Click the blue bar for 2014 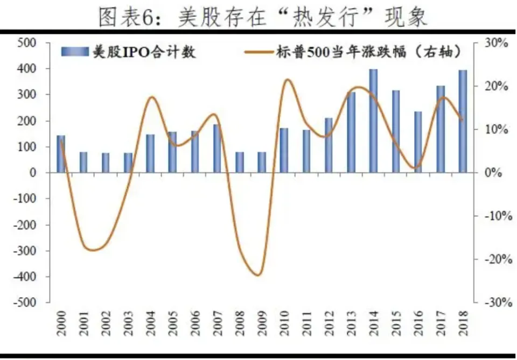(373, 121)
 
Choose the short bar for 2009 (262, 162)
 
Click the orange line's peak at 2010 (287, 80)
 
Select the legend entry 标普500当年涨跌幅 (353, 52)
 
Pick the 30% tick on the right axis (495, 43)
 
